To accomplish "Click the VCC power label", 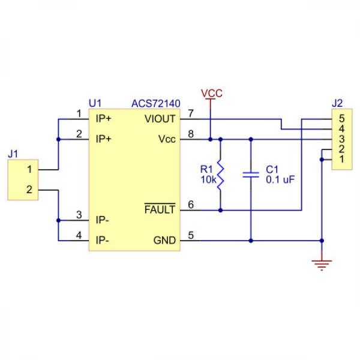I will tap(211, 94).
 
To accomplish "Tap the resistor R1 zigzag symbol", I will tap(220, 175).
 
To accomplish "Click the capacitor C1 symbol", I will tap(250, 175).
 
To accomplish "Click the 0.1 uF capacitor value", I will tap(280, 179).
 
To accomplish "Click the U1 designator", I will tap(95, 104).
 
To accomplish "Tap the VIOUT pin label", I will tap(160, 118).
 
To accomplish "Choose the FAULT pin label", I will tap(160, 210).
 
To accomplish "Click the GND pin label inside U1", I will tap(164, 241).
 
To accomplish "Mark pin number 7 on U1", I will tap(191, 113).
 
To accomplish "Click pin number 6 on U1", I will tap(191, 205).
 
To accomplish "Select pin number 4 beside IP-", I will tap(79, 236).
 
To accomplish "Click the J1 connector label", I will tap(13, 154).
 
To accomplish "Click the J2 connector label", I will tap(337, 104).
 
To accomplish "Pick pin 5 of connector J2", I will tap(341, 118).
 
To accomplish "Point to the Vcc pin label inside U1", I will tap(167, 139).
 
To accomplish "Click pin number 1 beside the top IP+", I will tap(79, 113).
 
